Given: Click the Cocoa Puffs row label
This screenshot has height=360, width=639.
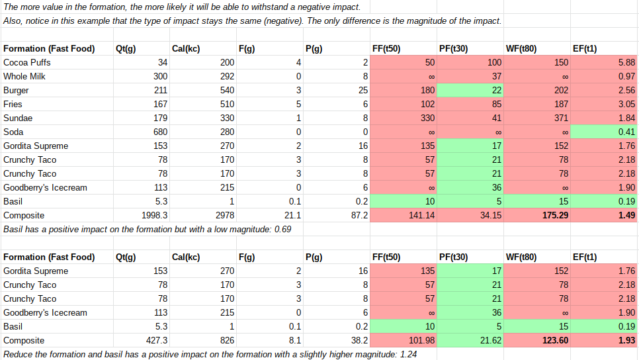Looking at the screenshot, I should point(27,62).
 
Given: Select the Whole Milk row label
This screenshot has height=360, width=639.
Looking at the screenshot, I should point(24,76).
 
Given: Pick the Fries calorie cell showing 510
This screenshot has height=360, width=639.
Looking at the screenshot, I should point(224,104).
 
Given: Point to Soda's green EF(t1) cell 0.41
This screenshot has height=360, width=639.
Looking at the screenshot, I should point(626,132).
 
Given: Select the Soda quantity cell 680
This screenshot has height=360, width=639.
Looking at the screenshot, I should point(159,132).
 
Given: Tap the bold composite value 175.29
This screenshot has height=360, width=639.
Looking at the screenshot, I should point(554,215).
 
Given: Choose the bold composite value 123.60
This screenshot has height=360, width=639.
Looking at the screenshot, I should point(554,340).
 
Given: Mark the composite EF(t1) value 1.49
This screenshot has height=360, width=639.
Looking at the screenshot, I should point(626,215).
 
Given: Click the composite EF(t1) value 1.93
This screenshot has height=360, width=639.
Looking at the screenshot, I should point(626,340).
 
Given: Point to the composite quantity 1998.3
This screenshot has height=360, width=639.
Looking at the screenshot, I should point(154,215).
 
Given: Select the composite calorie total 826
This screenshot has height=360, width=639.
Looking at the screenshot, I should point(226,340).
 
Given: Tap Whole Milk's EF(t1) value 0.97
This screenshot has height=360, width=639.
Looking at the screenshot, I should point(626,76).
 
